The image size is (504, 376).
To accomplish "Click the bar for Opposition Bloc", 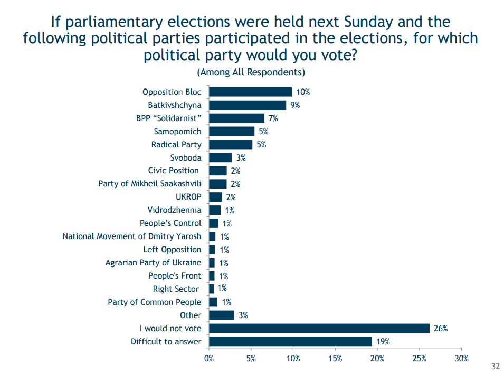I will click(250, 92).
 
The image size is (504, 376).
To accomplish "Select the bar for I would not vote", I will click(319, 329).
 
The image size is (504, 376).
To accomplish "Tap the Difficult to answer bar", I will click(290, 342).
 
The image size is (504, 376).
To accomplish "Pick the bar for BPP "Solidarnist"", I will click(236, 118).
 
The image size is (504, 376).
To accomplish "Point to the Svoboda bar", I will click(221, 157).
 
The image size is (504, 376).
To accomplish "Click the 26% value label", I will click(441, 329).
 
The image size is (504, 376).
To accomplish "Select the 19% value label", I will click(384, 342).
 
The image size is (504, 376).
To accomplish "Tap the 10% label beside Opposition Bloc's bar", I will click(303, 92).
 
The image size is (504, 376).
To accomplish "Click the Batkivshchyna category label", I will click(175, 105).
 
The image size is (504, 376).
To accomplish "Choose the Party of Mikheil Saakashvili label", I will click(150, 184).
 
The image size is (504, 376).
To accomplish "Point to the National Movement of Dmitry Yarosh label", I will click(132, 236).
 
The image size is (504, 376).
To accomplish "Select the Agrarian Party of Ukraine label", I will click(153, 263).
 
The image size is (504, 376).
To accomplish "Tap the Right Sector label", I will click(176, 289).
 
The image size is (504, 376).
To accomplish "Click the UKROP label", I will click(188, 197).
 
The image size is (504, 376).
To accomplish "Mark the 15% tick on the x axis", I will click(335, 359).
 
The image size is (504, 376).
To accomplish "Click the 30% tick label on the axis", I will click(461, 359).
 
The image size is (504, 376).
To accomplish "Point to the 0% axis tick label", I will click(209, 359).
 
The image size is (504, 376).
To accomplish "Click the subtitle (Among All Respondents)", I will click(251, 72).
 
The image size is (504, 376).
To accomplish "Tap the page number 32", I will click(495, 367).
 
